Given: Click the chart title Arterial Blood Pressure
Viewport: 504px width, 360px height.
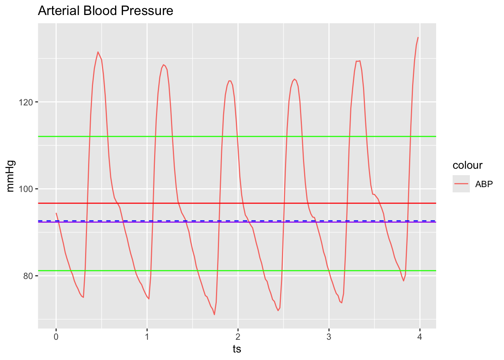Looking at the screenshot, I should [105, 10].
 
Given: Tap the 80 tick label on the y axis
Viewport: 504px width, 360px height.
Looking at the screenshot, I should [28, 276].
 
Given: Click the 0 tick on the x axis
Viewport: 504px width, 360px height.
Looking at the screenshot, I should [56, 337].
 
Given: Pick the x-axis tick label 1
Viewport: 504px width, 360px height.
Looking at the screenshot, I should [147, 337].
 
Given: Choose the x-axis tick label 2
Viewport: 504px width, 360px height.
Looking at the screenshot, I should [238, 337].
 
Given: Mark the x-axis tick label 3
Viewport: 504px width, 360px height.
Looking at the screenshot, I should [329, 337].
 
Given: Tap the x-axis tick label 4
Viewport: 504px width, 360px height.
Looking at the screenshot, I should [420, 337].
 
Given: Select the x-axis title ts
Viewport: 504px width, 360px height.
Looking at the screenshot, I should [237, 349].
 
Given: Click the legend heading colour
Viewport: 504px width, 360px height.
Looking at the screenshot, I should [467, 165].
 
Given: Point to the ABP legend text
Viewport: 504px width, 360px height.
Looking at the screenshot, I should [484, 184].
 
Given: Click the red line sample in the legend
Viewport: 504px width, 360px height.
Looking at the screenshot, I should [461, 184].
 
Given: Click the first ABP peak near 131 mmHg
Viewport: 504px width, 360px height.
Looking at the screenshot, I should [98, 52].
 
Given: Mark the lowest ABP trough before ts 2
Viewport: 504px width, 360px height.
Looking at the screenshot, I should [214, 314].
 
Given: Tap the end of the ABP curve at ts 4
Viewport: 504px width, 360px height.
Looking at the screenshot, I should [418, 37].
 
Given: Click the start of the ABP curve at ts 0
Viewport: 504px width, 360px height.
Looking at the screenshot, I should [56, 213].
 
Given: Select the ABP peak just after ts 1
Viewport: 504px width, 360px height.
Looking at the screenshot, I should [163, 64].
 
